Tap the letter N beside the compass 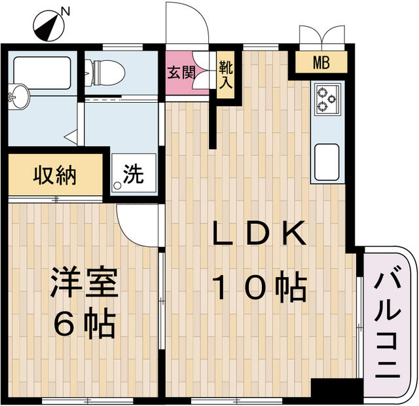(x=65, y=10)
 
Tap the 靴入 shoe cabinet (x=225, y=76)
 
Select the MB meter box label (x=320, y=64)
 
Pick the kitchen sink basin (x=325, y=158)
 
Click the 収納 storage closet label (x=55, y=175)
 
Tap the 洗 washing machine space (x=134, y=174)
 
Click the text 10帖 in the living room (x=260, y=287)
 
